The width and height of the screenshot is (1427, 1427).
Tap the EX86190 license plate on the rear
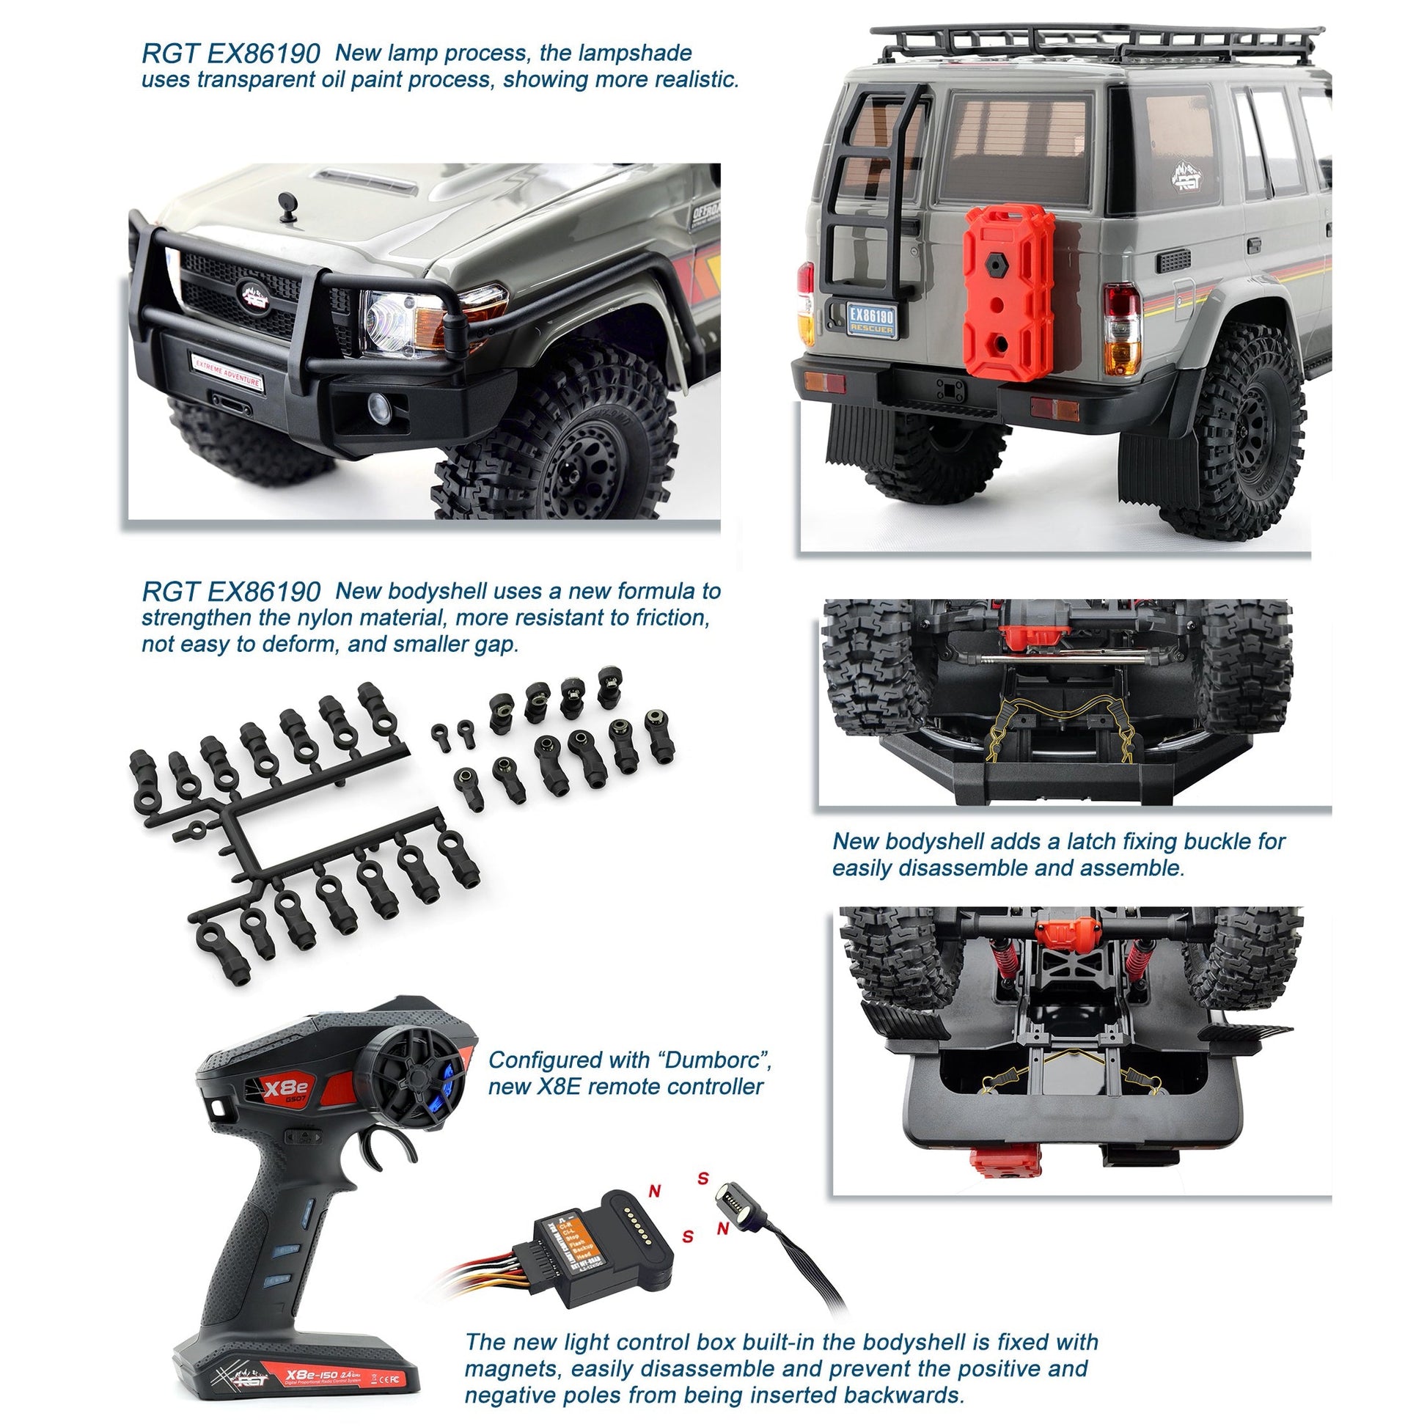tap(872, 320)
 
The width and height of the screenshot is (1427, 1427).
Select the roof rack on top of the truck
tap(1093, 44)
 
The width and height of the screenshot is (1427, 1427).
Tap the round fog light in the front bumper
tap(380, 404)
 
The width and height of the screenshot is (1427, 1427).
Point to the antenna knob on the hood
tap(286, 203)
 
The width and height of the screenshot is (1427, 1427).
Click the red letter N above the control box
tap(654, 1191)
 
